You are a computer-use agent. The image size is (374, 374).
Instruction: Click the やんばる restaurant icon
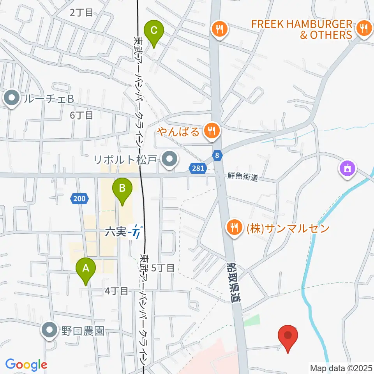[212, 131]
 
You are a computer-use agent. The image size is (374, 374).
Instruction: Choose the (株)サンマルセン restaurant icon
[234, 227]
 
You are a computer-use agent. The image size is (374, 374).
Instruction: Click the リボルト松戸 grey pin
[169, 159]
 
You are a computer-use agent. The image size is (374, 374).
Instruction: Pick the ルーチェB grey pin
[12, 99]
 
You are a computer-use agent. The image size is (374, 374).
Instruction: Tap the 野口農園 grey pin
[49, 331]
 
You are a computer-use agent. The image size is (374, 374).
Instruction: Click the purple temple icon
[347, 168]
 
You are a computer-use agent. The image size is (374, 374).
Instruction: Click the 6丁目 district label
[81, 115]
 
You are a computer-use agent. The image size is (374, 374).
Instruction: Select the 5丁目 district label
[163, 268]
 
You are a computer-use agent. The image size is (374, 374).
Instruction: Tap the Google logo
[26, 365]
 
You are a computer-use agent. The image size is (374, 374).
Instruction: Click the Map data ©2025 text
[341, 367]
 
